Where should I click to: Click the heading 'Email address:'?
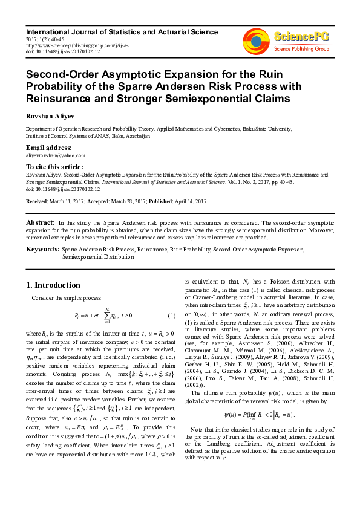click(x=48, y=148)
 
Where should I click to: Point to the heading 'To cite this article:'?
click(x=54, y=166)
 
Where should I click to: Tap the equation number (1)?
click(x=171, y=315)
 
